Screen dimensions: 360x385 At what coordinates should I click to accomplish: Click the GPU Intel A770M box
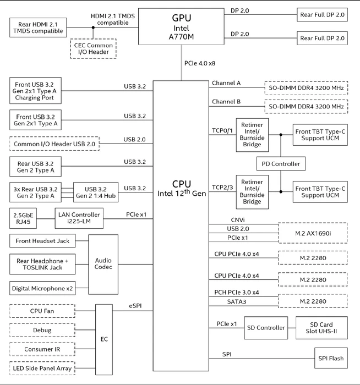click(181, 26)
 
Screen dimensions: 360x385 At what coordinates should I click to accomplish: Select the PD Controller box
click(281, 164)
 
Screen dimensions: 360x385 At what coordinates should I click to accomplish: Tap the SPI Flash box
click(331, 358)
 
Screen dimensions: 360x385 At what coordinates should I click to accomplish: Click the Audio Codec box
click(103, 264)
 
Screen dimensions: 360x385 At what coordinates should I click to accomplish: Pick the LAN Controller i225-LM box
click(79, 218)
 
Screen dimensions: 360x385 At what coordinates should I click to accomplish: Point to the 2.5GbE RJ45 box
click(23, 218)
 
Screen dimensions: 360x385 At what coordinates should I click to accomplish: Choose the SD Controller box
click(266, 328)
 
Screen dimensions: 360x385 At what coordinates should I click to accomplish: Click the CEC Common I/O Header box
click(94, 48)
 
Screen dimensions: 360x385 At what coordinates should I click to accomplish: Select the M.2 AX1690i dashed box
click(313, 233)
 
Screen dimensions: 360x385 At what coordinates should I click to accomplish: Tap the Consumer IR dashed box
click(42, 349)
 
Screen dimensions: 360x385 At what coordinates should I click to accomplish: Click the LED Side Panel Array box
click(42, 369)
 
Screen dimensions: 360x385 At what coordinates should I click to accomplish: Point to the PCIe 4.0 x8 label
click(200, 63)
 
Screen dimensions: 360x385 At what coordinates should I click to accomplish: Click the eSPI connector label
click(135, 306)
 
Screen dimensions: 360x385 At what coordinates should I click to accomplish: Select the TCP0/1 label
click(222, 130)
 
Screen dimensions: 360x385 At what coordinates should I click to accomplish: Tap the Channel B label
click(226, 102)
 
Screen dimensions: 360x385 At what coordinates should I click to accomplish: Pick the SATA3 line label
click(236, 301)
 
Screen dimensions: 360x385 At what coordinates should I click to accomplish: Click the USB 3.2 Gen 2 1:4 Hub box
click(96, 193)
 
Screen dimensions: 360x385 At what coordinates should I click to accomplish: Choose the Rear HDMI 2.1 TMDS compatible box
click(38, 28)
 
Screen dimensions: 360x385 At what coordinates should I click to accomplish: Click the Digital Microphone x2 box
click(42, 288)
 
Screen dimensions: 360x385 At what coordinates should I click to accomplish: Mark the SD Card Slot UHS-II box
click(321, 328)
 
